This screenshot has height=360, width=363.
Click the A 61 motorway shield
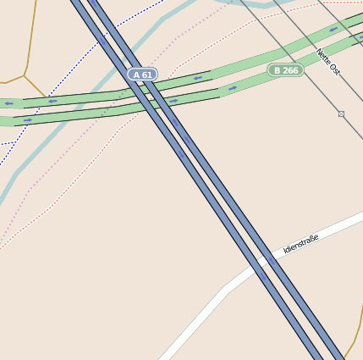(142, 75)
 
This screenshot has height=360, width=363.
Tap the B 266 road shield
(286, 70)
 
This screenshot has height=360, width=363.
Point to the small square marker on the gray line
(341, 114)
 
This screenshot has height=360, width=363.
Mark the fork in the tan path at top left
(25, 75)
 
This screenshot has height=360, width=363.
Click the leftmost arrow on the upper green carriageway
(8, 103)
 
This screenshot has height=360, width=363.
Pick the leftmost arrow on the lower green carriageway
(28, 120)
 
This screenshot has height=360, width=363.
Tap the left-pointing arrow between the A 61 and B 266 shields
(197, 78)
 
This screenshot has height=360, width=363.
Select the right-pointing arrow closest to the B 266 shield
(233, 88)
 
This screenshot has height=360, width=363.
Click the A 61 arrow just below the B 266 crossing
(173, 102)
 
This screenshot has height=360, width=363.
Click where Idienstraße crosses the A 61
(264, 267)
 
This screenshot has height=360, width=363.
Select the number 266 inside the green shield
(290, 70)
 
